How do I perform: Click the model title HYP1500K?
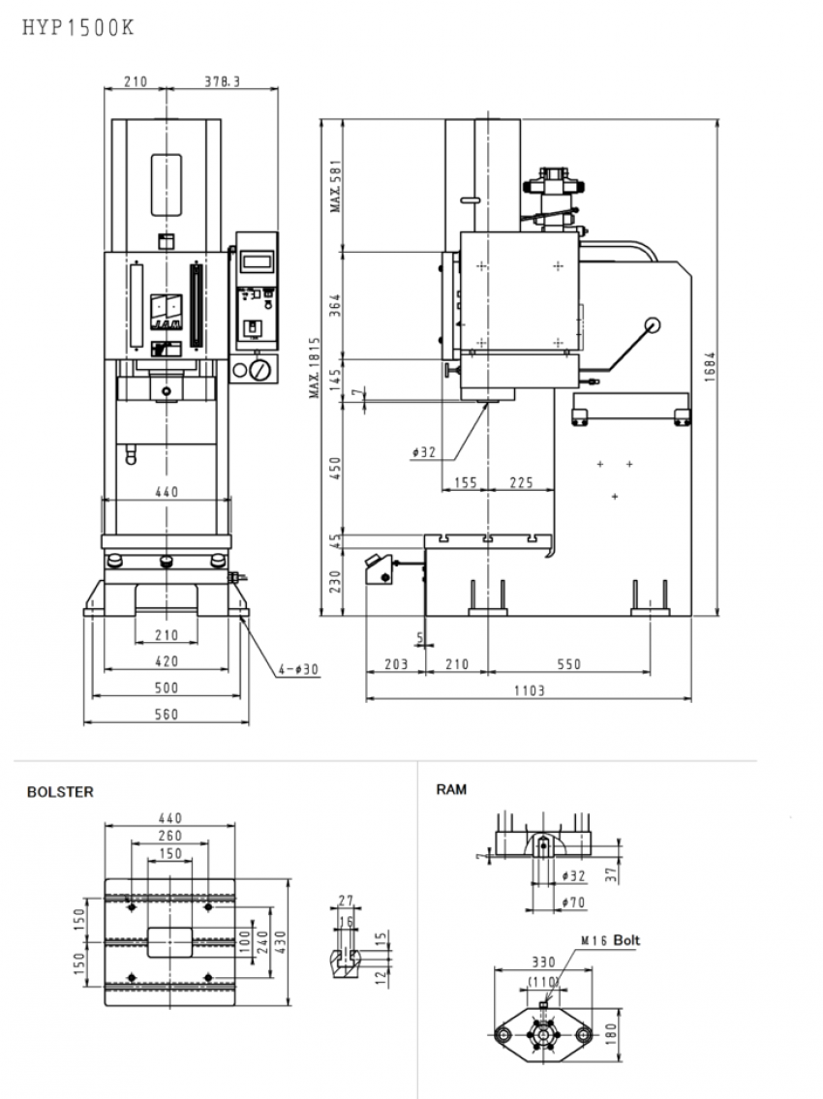pos(76,29)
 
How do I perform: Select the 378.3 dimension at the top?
pos(223,82)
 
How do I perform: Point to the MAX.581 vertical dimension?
pos(335,186)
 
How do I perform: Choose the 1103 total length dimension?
pos(529,690)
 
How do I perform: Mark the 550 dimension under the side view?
pos(568,664)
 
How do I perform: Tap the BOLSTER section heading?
pos(60,791)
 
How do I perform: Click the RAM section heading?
pos(451,789)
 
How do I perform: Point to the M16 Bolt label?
pos(610,940)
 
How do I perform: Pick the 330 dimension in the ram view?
pos(543,962)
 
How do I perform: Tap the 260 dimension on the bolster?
pos(168,836)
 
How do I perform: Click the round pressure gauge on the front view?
pos(259,370)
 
